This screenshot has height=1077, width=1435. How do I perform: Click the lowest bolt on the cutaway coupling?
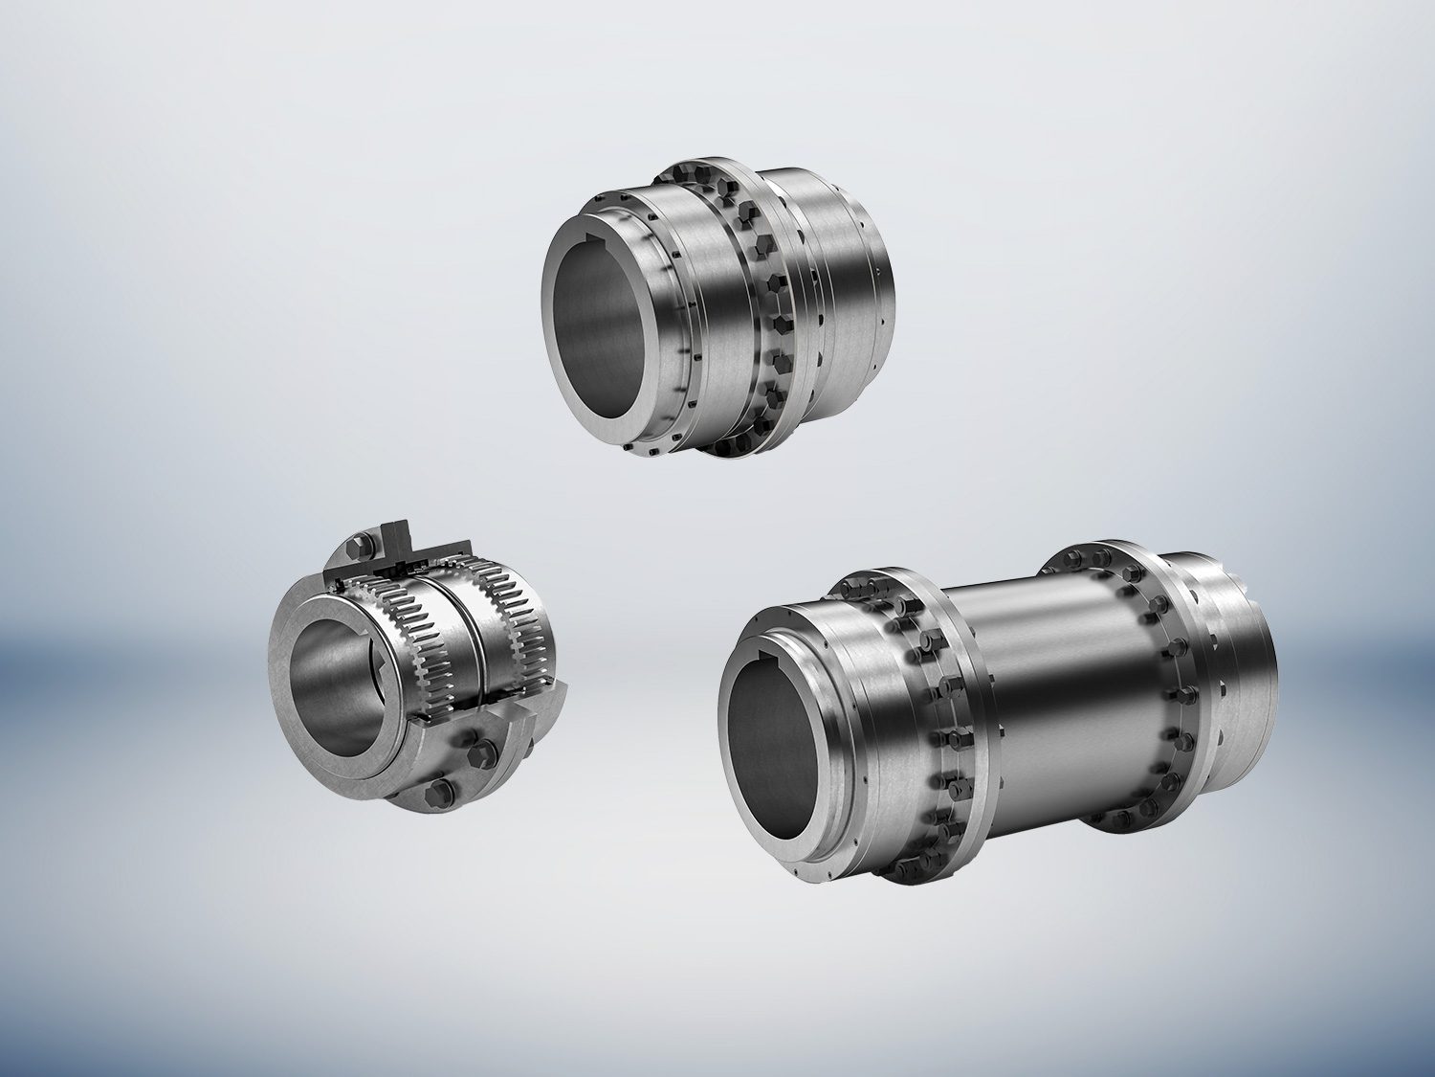click(442, 791)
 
